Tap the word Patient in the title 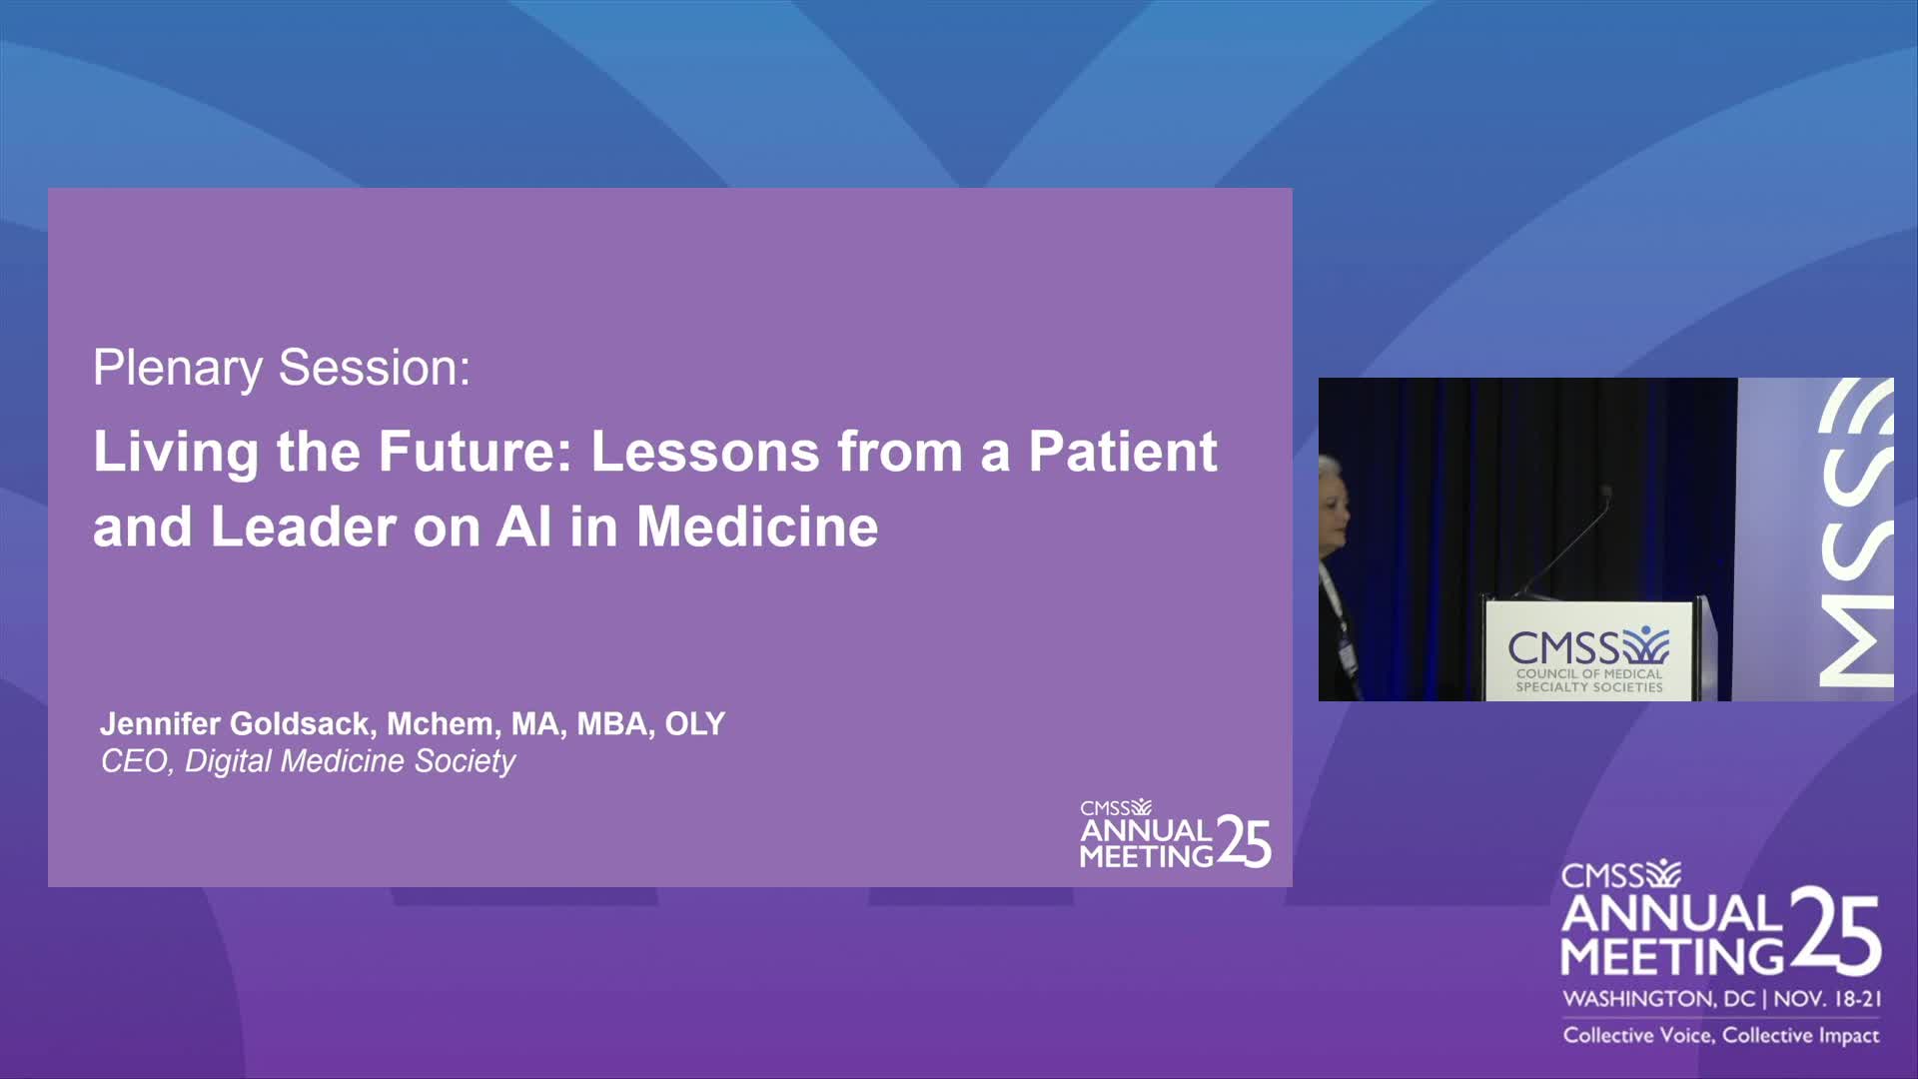pyautogui.click(x=1123, y=452)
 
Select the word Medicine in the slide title pyautogui.click(x=757, y=527)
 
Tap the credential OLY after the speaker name pyautogui.click(x=695, y=723)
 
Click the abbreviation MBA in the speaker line pyautogui.click(x=615, y=723)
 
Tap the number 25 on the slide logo pyautogui.click(x=1244, y=842)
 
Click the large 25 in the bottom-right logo pyautogui.click(x=1836, y=931)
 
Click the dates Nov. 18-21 pyautogui.click(x=1827, y=998)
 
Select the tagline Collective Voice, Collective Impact pyautogui.click(x=1721, y=1035)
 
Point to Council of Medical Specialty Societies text pyautogui.click(x=1588, y=680)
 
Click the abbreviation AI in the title pyautogui.click(x=523, y=527)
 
